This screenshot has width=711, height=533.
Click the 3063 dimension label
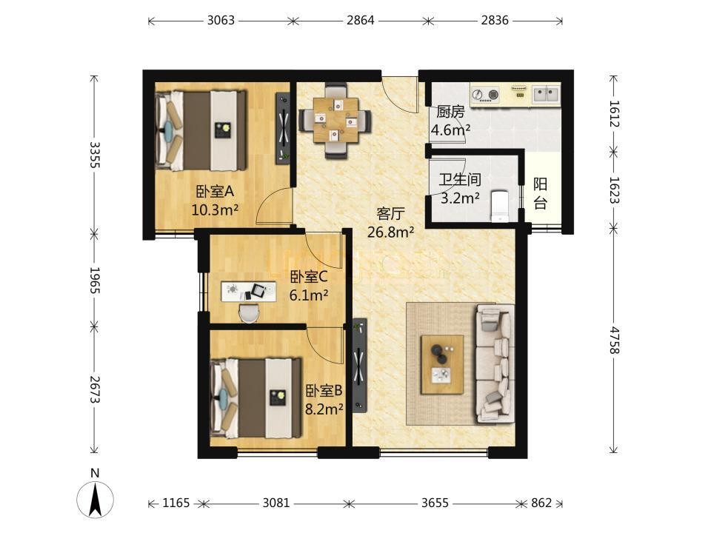tap(221, 21)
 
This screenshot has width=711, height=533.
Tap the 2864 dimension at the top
tap(361, 21)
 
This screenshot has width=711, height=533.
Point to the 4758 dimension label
tap(615, 340)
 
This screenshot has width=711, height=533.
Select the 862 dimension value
tap(541, 503)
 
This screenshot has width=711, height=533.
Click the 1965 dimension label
tap(95, 280)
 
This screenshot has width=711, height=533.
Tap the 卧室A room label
tap(215, 191)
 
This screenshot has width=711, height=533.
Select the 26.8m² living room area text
tap(390, 232)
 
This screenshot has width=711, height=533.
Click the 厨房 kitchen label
tap(450, 112)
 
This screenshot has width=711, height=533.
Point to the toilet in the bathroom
tap(501, 207)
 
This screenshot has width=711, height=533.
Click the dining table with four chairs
tap(335, 121)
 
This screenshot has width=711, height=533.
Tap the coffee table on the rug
tap(442, 364)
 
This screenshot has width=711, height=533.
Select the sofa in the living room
tap(495, 363)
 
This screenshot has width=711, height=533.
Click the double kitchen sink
tap(546, 94)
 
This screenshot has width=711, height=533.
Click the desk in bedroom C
tap(249, 291)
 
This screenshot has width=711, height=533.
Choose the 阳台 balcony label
tap(540, 193)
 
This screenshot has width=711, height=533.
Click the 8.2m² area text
tap(324, 409)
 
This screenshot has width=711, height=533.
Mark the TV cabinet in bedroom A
tap(284, 129)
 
